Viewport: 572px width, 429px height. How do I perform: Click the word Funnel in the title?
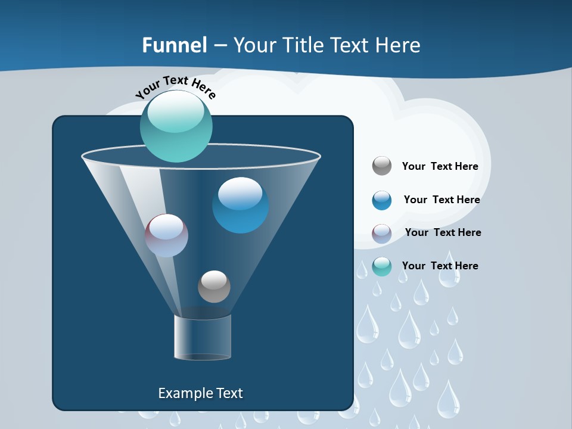pyautogui.click(x=175, y=45)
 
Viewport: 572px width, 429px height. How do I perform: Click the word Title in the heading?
pyautogui.click(x=303, y=45)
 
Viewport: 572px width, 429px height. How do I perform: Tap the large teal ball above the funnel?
pyautogui.click(x=176, y=126)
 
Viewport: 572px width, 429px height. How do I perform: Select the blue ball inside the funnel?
pyautogui.click(x=240, y=204)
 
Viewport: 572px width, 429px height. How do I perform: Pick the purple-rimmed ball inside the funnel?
pyautogui.click(x=166, y=235)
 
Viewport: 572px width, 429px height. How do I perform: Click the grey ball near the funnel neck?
pyautogui.click(x=214, y=286)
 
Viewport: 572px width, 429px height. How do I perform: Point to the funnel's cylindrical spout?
pyautogui.click(x=202, y=337)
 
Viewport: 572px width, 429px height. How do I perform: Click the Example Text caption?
pyautogui.click(x=200, y=393)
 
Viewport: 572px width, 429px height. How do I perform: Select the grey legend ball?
pyautogui.click(x=382, y=166)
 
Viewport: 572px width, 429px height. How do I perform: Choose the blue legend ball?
pyautogui.click(x=382, y=200)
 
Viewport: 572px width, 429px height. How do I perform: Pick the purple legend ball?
pyautogui.click(x=382, y=234)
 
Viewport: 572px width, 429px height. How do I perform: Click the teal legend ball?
pyautogui.click(x=382, y=266)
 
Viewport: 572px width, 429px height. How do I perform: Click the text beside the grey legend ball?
pyautogui.click(x=440, y=167)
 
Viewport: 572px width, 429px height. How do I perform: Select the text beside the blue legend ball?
pyautogui.click(x=442, y=200)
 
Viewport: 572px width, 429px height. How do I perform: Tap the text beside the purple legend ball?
pyautogui.click(x=443, y=233)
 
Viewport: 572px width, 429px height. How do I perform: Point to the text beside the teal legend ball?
pyautogui.click(x=440, y=266)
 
